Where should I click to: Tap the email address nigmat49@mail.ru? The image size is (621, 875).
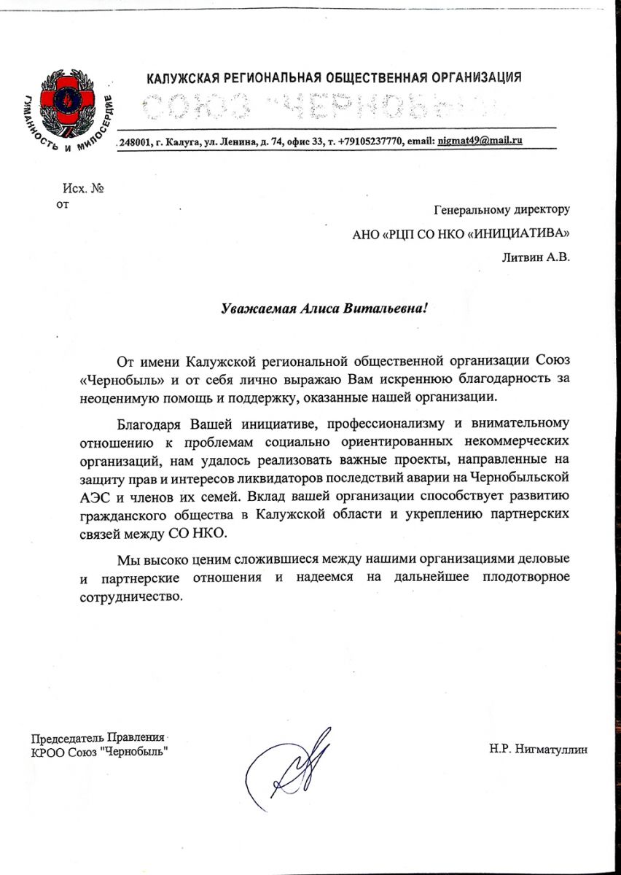(x=480, y=141)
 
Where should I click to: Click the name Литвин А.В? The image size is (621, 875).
(x=536, y=256)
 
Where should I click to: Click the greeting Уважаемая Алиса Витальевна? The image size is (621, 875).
(x=324, y=308)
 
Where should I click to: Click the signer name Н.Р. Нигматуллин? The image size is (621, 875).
(x=539, y=749)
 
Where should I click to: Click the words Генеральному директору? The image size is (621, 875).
(x=501, y=209)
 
